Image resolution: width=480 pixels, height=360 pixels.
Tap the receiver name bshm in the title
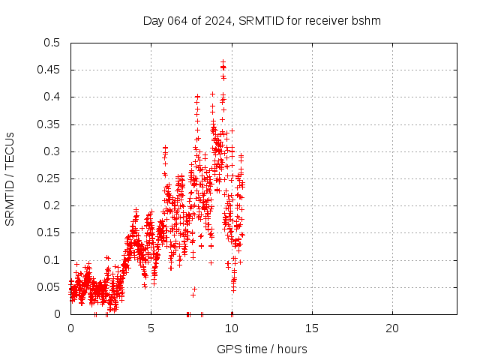pos(367,21)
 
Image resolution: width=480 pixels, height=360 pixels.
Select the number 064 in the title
pos(177,21)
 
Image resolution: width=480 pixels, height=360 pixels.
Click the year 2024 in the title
pos(218,21)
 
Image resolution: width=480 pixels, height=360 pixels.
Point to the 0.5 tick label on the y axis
pos(53,43)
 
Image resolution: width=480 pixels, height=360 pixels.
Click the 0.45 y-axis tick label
pos(50,70)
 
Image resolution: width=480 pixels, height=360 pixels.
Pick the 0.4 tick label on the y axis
pos(53,97)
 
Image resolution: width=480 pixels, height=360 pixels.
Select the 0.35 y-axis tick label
pos(50,124)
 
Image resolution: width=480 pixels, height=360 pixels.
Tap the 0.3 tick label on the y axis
pos(53,151)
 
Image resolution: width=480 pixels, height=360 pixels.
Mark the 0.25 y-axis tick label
pos(50,178)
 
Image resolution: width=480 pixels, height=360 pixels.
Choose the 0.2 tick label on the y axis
pos(53,205)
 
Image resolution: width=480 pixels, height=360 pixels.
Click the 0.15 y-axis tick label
pos(50,232)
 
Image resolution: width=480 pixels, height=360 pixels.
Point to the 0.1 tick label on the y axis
pos(53,260)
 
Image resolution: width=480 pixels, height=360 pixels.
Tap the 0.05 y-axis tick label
pos(50,287)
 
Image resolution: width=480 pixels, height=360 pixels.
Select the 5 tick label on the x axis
pos(151,328)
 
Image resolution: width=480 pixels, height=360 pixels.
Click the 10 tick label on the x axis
pos(232,328)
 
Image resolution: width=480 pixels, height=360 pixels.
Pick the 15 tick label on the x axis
pos(312,328)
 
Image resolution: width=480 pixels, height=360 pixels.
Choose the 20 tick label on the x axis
pos(392,328)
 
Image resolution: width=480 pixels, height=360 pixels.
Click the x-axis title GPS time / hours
pos(262,349)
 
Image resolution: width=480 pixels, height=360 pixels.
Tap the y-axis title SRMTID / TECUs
pos(10,178)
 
